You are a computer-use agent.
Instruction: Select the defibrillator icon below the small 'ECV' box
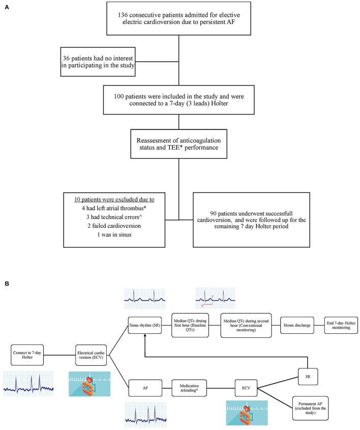tap(247, 412)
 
